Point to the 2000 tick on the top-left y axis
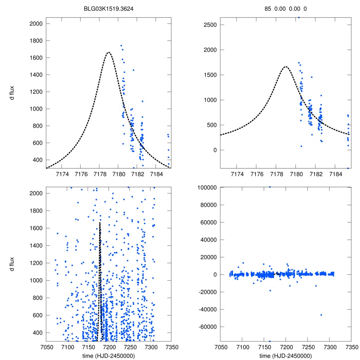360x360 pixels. coord(36,24)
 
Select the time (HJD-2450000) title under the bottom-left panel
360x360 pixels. coord(109,355)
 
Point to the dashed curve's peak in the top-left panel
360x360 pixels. coord(109,52)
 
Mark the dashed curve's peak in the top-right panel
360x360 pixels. coord(285,66)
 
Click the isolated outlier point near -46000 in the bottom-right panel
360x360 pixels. coord(321,315)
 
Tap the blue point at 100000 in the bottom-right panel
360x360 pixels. coord(270,187)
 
